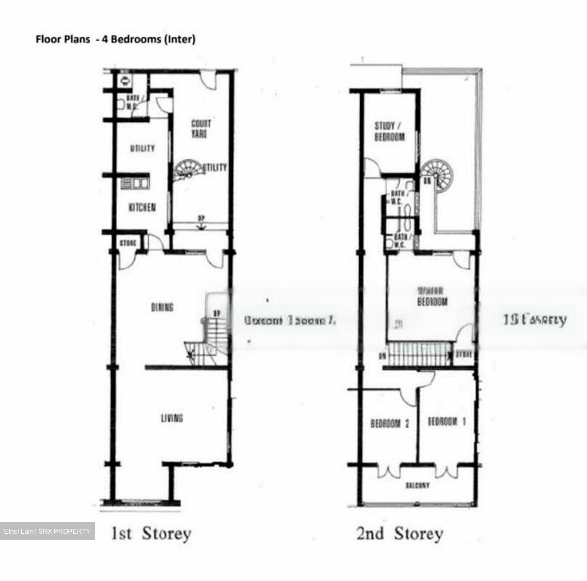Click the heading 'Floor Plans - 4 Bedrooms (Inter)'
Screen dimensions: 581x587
(115, 39)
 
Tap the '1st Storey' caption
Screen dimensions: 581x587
(151, 534)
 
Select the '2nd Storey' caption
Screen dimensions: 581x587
(399, 534)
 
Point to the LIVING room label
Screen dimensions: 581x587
(172, 418)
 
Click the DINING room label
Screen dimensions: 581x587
(162, 307)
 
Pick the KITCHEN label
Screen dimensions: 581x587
(142, 208)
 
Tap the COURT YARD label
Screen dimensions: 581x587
(201, 128)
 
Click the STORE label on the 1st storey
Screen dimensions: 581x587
(128, 243)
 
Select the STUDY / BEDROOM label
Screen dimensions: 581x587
(389, 131)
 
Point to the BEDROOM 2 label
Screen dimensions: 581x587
(390, 424)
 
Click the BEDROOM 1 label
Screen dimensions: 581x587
(446, 422)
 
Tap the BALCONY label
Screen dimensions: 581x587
(417, 486)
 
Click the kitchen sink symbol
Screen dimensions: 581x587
(135, 183)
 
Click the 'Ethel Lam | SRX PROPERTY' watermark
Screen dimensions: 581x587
(47, 531)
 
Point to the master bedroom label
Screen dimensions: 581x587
(432, 296)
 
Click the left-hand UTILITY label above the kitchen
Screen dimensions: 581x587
(143, 148)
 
